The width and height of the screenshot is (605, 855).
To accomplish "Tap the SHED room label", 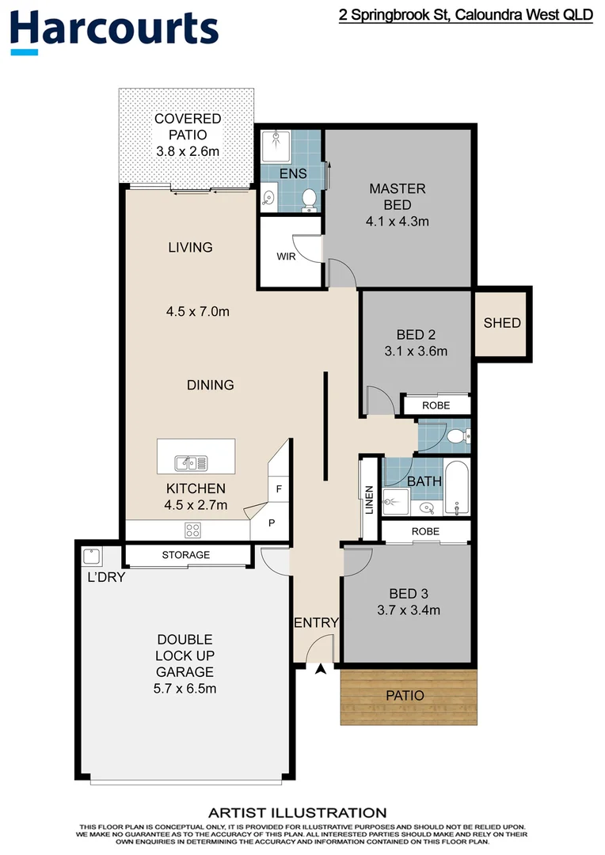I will [x=502, y=322].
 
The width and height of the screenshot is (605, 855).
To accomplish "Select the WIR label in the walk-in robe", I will [x=286, y=257].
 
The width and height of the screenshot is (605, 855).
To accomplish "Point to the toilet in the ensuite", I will [x=309, y=199].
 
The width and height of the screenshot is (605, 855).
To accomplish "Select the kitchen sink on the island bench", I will [x=191, y=460].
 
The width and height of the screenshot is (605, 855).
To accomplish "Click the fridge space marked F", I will [x=278, y=489].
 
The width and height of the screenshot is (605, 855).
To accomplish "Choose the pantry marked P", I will [x=271, y=523].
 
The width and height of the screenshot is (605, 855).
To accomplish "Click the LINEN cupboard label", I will [x=369, y=500].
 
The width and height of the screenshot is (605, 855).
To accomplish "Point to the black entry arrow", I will [x=321, y=670].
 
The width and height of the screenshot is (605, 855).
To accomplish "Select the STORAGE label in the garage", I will [x=186, y=555].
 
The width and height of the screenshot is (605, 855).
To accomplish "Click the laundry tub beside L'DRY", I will [x=90, y=555].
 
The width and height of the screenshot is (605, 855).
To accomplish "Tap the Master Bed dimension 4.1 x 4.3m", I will [x=398, y=222].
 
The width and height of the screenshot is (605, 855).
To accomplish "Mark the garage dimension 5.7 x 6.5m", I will [x=185, y=689].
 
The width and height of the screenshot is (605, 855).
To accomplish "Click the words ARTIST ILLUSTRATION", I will [x=297, y=812].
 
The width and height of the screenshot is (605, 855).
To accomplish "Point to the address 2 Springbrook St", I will [x=466, y=15].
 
